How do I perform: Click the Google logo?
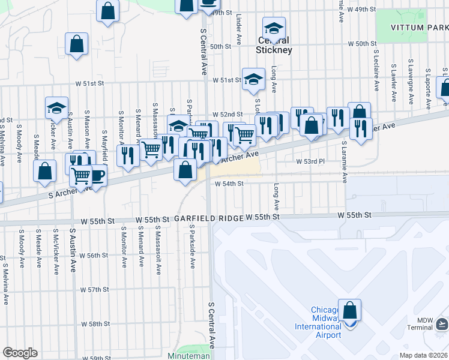pos(20,353)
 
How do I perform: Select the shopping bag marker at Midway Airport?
pos(349,311)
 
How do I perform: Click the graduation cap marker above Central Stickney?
pos(274,28)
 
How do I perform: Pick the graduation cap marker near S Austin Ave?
pos(56,108)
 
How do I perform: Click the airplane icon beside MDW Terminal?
pos(442,324)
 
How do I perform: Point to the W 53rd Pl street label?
pos(310,161)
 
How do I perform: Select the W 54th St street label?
pos(228,184)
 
